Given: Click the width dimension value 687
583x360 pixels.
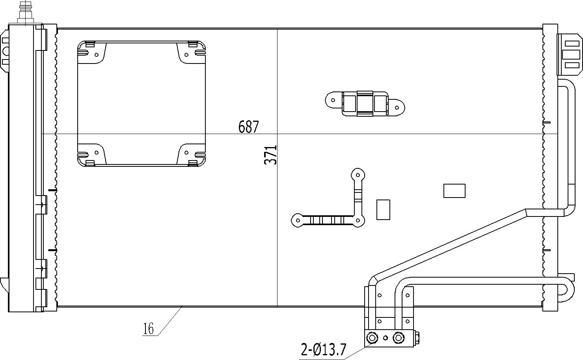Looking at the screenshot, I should tap(249, 127).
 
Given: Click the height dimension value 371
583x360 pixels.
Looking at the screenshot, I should tap(271, 155).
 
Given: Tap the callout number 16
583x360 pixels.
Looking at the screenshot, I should tap(148, 329).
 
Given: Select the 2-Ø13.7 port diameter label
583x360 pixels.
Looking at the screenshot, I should tap(323, 349).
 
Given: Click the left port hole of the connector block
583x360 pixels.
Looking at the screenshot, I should tap(372, 338).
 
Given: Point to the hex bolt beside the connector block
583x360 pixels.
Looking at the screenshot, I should tap(417, 338).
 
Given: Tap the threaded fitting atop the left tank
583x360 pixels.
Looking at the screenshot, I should tap(25, 12).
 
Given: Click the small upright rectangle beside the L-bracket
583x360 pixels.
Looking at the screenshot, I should tap(383, 209).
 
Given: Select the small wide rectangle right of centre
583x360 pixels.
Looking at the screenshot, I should tap(454, 191).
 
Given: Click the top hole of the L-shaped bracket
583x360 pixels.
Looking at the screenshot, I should tap(358, 175).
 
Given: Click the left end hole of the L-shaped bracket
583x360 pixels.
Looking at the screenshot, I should tap(298, 220).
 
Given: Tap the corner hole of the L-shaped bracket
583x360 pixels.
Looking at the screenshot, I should tap(358, 220).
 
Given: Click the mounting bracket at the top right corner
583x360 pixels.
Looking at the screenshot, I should tap(570, 54).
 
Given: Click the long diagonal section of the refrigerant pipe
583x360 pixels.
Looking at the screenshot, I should tap(449, 244).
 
